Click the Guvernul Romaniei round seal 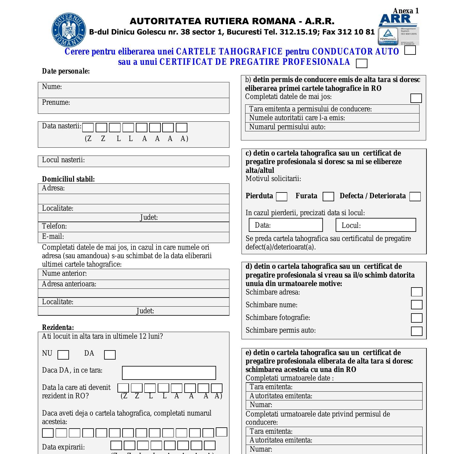(69, 30)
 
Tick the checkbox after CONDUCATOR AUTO (410, 50)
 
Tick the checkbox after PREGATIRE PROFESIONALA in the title (362, 63)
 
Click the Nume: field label (52, 87)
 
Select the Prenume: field (133, 106)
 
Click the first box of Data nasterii (88, 128)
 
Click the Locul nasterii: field (133, 161)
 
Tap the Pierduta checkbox (281, 197)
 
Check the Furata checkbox (328, 197)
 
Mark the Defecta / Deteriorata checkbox (415, 197)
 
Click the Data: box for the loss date (286, 225)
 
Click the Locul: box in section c (376, 225)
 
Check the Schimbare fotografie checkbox (416, 318)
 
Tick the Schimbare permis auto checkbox (416, 331)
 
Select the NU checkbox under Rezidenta (63, 355)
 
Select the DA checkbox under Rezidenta (110, 355)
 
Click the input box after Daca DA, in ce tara (169, 373)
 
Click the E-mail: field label (53, 237)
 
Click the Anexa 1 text (406, 11)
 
